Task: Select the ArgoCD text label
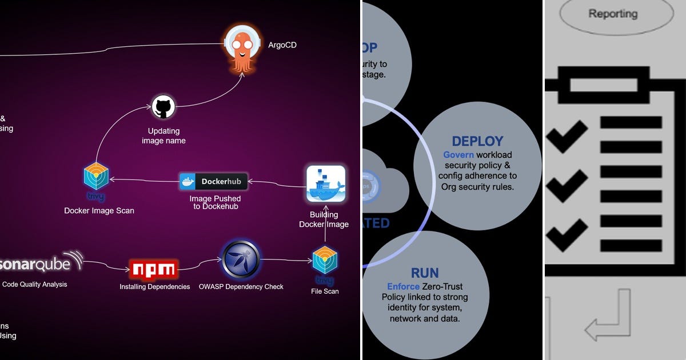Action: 282,45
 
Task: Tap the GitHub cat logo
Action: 163,107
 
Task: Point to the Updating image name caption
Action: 163,136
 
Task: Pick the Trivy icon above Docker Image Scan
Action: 96,178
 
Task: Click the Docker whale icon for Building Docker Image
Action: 325,184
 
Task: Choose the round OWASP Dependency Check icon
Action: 241,260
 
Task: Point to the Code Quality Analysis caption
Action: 35,284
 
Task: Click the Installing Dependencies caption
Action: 155,287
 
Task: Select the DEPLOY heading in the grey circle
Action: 477,141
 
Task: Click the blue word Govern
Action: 458,155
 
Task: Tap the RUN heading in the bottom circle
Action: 425,273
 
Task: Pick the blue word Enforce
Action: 403,286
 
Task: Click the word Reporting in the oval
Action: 613,14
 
